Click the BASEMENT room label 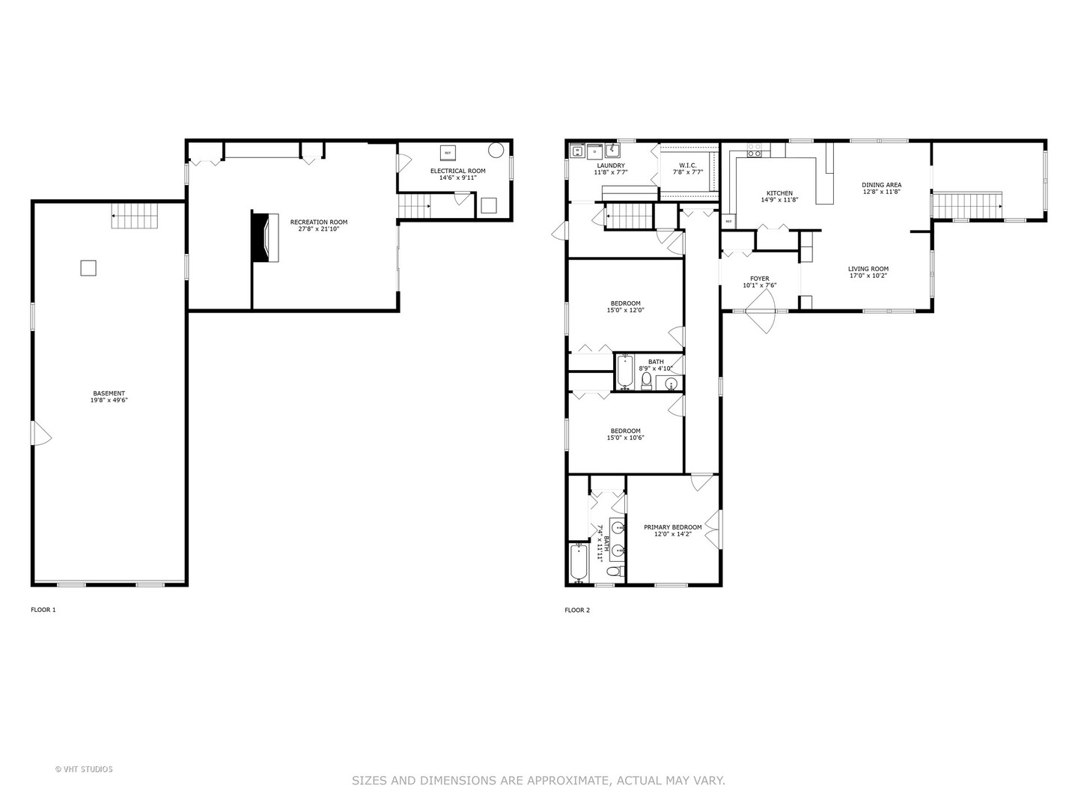109,393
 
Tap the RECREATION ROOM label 319,222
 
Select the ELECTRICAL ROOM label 457,171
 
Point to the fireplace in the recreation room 265,237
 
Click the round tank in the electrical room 496,150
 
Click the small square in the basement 88,267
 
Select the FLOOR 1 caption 43,610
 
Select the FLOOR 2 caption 577,610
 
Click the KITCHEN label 779,193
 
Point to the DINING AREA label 881,185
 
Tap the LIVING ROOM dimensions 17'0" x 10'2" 868,276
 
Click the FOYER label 759,279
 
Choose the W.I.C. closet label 688,166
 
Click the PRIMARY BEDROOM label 673,527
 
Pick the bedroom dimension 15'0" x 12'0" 625,310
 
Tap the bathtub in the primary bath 578,563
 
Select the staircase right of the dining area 967,204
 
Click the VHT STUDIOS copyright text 84,769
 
